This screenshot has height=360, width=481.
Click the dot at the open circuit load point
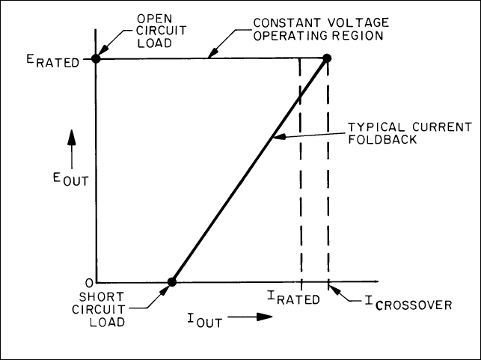tap(96, 58)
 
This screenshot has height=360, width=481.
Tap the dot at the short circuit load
tap(172, 282)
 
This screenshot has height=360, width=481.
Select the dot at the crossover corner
tap(327, 58)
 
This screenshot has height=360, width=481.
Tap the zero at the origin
tap(88, 282)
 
